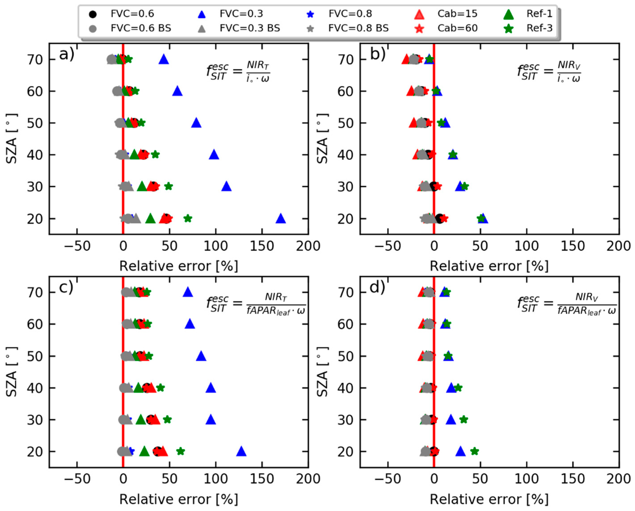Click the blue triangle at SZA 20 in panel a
coord(281,219)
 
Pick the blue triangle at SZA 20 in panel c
coord(241,451)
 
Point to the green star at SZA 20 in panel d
coord(474,451)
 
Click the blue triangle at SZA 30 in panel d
coord(451,419)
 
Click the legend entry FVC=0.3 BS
coord(250,28)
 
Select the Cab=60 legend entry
coord(457,28)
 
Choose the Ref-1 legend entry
coord(540,14)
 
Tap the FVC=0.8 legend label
coord(350,14)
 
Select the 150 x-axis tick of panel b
coord(572,246)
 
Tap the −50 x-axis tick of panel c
coord(77,479)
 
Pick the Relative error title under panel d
coord(489,499)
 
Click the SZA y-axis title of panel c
coord(11,372)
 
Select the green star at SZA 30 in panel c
coord(167,419)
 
